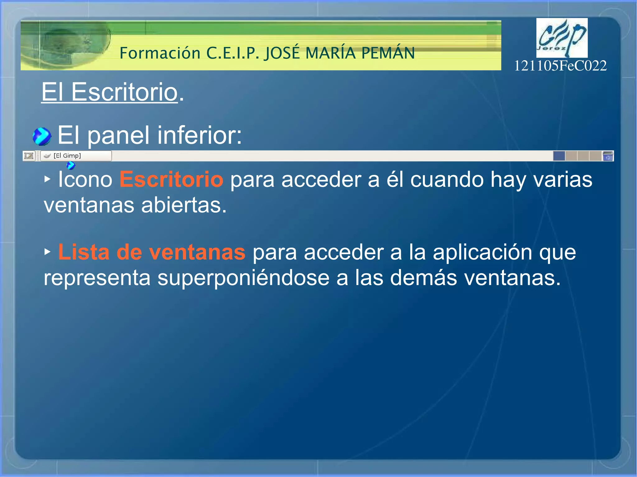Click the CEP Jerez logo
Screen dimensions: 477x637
(562, 38)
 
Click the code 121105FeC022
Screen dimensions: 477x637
(560, 66)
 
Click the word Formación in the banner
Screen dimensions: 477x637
(160, 53)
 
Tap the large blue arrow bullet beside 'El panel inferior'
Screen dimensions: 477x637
(42, 136)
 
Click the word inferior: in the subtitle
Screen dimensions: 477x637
(199, 135)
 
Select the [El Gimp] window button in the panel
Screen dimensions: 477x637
(76, 156)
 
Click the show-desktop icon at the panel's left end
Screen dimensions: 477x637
(29, 156)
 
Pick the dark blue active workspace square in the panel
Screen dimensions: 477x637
(559, 156)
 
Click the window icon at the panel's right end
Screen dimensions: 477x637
(607, 156)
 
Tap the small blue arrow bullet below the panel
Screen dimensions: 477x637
(71, 165)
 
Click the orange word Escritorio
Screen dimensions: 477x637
(171, 180)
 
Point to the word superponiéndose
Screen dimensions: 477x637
(243, 277)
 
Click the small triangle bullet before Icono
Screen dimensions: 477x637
(47, 179)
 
